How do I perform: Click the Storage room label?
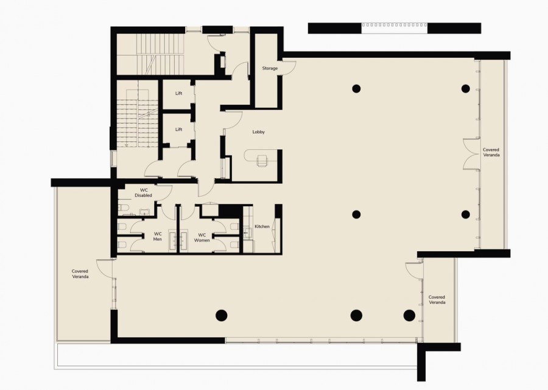[x=270, y=68]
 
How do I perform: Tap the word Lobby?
[x=259, y=132]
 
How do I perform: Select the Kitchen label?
[x=262, y=226]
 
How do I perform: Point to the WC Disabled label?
[x=143, y=193]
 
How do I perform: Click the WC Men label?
[x=158, y=237]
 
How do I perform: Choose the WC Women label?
[x=202, y=237]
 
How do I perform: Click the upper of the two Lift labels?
[x=178, y=93]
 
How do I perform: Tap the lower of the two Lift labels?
[x=178, y=129]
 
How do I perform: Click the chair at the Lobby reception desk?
[x=262, y=161]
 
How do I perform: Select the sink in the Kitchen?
[x=248, y=232]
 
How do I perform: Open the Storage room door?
[x=289, y=68]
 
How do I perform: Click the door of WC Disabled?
[x=165, y=192]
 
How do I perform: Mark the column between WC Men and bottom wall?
[x=222, y=315]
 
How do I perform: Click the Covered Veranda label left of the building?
[x=80, y=274]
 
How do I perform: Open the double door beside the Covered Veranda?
[x=471, y=155]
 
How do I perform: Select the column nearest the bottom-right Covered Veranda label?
[x=409, y=315]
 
